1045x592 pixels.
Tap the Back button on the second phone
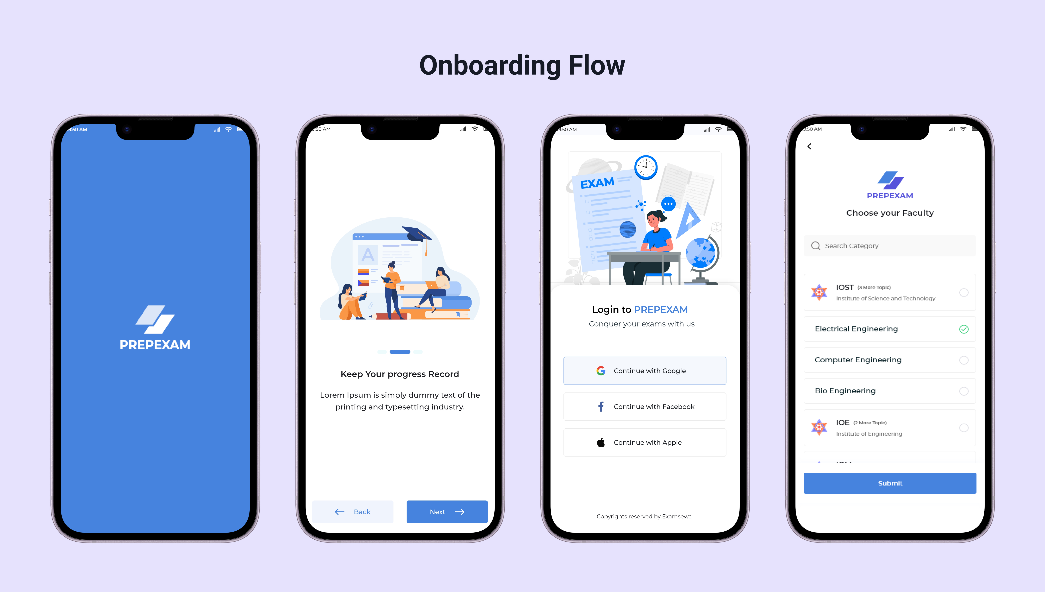click(353, 511)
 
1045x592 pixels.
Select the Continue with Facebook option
click(644, 407)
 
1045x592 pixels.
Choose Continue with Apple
click(644, 442)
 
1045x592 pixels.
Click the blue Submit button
click(890, 483)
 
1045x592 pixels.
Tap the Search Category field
click(890, 246)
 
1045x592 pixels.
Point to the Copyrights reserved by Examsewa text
click(644, 516)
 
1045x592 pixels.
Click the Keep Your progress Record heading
click(400, 374)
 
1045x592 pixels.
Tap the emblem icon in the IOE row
click(819, 427)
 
